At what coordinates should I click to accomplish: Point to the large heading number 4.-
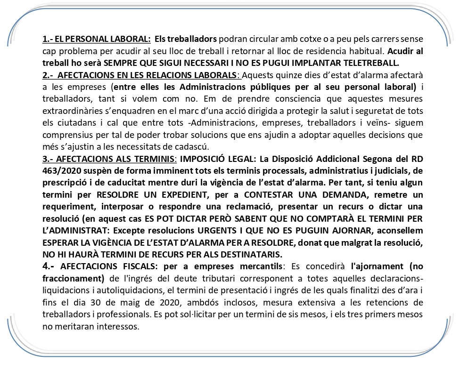pyautogui.click(x=49, y=266)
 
